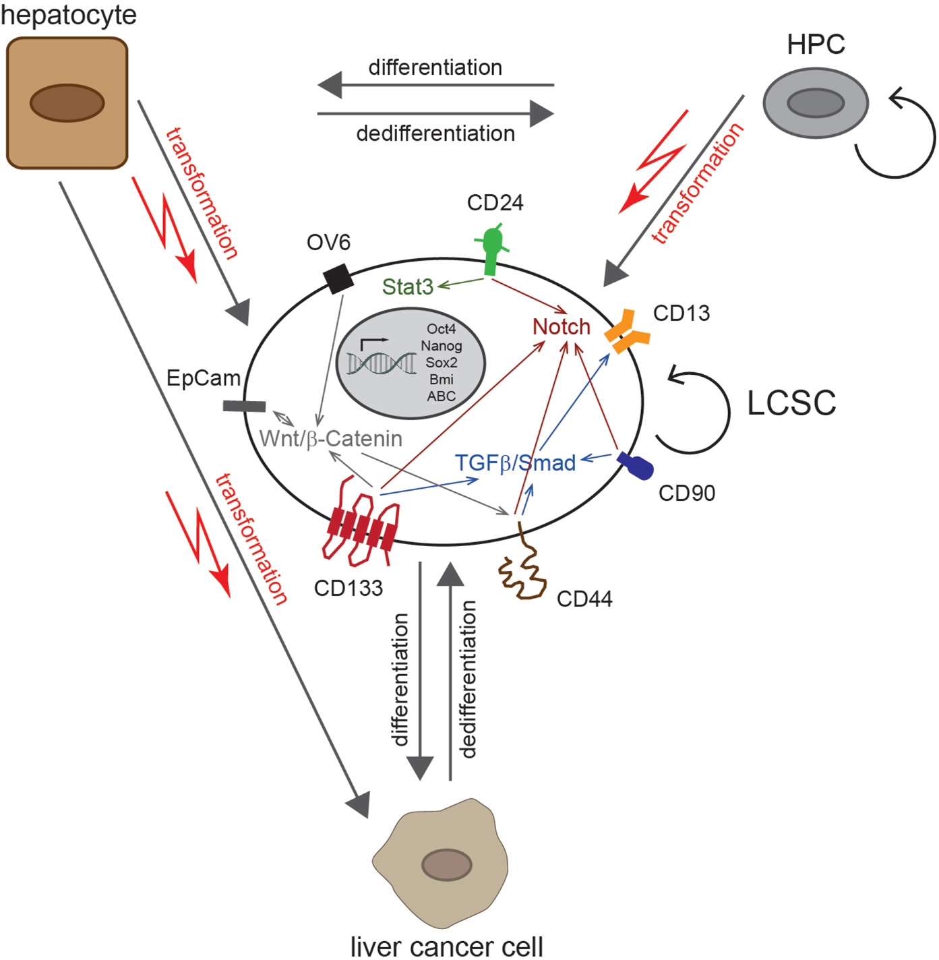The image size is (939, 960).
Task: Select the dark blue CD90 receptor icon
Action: click(x=636, y=466)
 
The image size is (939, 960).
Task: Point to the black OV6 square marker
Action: click(x=338, y=278)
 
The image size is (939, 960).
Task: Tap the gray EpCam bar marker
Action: click(x=244, y=406)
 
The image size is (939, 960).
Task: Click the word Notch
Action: click(x=561, y=327)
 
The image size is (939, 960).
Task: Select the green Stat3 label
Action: click(x=407, y=287)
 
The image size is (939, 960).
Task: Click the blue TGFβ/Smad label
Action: click(x=515, y=463)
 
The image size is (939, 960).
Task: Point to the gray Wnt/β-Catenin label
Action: click(x=330, y=439)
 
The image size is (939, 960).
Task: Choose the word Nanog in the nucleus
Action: click(x=442, y=346)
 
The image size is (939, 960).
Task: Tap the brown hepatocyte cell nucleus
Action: click(x=67, y=103)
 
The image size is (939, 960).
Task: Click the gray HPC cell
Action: click(x=816, y=103)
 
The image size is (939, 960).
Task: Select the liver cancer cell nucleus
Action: click(x=446, y=865)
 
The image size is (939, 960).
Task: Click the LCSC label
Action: click(x=791, y=404)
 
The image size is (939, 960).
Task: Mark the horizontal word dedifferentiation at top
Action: click(x=435, y=133)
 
